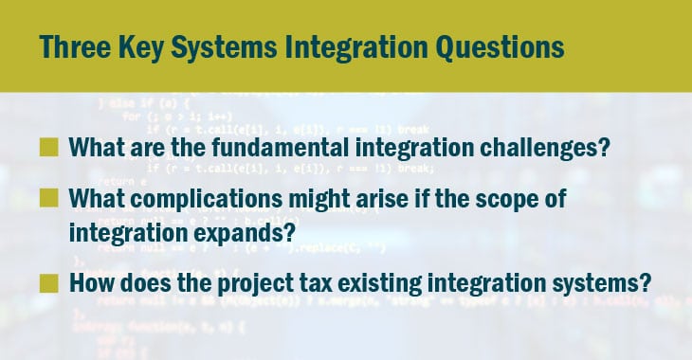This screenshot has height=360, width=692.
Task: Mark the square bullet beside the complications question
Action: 48,202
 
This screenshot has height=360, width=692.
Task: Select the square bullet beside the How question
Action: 48,283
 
